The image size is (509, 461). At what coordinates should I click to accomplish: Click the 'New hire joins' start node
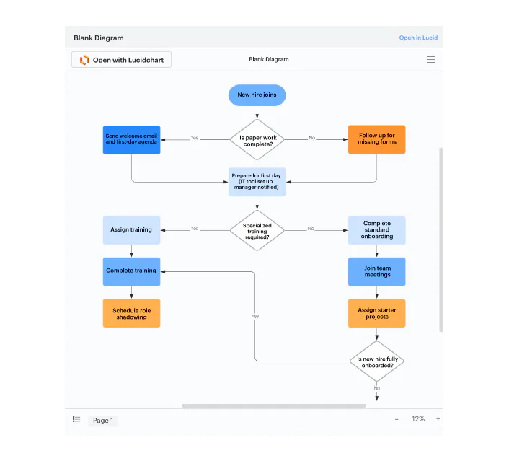pos(257,95)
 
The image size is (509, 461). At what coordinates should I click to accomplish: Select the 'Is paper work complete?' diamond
pos(257,139)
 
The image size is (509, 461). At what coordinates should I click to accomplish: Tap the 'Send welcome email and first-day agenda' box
pos(131,139)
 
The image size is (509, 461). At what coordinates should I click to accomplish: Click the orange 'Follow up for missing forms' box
pos(376,139)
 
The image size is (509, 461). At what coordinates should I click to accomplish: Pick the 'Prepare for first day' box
pos(257,182)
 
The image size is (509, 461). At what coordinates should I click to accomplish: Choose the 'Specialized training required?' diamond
pos(257,230)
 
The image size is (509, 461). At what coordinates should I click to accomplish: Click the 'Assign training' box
pos(131,230)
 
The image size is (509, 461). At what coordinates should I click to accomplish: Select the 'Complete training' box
pos(131,271)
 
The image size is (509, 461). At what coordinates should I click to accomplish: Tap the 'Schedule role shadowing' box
pos(131,313)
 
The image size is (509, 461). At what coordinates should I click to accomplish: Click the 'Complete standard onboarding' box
pos(376,230)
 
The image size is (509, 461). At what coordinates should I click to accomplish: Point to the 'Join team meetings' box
pos(376,271)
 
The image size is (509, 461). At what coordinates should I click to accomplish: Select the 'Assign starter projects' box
pos(376,313)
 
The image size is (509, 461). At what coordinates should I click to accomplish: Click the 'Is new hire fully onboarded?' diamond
pos(376,361)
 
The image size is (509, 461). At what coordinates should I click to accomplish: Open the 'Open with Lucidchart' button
pos(121,60)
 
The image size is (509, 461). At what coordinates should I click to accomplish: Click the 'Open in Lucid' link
pos(418,38)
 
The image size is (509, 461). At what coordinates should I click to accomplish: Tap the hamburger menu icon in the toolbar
pos(430,60)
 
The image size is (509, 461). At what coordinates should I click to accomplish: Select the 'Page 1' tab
pos(102,421)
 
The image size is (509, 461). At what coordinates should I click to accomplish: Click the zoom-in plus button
pos(438,419)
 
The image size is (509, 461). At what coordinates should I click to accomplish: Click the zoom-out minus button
pos(397,419)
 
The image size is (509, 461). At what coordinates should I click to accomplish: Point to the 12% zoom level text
pos(418,419)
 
